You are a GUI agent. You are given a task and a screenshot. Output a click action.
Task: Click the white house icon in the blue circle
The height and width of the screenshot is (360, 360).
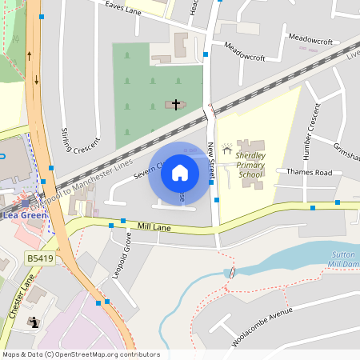[x=180, y=173]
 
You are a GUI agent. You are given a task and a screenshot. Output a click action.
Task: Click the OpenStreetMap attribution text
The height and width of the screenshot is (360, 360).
[x=80, y=354]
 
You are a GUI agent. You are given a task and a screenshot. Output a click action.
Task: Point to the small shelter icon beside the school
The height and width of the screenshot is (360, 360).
[x=226, y=149]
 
